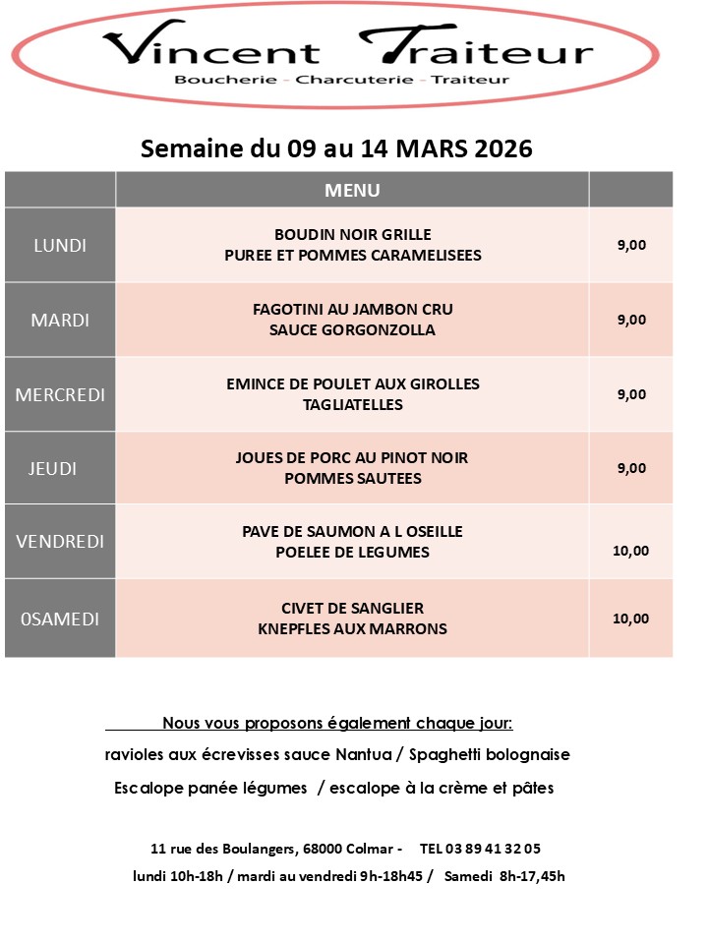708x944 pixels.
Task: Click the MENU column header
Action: point(352,190)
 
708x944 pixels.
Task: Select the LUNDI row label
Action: point(60,246)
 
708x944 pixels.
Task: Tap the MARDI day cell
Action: point(60,320)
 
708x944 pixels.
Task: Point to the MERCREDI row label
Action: point(60,394)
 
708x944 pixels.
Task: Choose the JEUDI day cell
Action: point(54,468)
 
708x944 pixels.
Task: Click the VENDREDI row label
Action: point(60,542)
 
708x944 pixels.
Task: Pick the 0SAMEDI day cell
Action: point(60,619)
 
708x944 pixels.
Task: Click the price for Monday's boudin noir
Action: point(631,246)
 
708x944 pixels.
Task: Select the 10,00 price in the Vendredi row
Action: point(630,551)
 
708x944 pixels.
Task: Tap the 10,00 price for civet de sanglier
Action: point(630,619)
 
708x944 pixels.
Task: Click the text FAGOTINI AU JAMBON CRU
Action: point(353,310)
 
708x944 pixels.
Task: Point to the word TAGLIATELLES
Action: point(353,404)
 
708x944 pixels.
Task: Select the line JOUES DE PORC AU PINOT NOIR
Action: point(353,458)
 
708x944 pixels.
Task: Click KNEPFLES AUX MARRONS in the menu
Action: point(353,628)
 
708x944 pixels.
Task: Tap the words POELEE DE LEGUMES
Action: point(353,552)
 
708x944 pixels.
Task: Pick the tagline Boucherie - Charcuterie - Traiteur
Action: point(341,79)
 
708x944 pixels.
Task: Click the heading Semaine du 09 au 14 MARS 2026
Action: point(337,148)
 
